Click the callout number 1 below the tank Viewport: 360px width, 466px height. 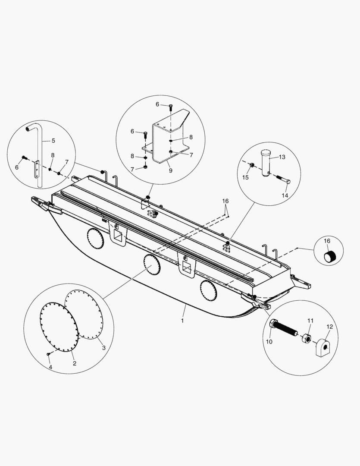click(182, 321)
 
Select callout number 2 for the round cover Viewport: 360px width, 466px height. click(74, 364)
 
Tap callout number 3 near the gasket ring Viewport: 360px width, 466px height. click(103, 348)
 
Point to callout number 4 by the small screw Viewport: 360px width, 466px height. click(50, 367)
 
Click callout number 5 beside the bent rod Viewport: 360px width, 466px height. click(53, 140)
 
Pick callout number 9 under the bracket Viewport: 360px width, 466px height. click(170, 170)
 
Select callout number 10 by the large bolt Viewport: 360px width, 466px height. click(269, 342)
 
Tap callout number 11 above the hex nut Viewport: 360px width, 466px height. click(310, 321)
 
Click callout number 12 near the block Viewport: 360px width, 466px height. click(330, 327)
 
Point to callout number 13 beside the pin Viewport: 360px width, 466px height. click(282, 157)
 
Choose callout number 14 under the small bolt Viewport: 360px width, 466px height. click(285, 195)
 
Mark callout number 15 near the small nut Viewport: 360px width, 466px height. click(246, 177)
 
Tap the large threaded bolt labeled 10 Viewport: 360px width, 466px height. click(282, 329)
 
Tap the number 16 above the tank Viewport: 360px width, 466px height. click(225, 202)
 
